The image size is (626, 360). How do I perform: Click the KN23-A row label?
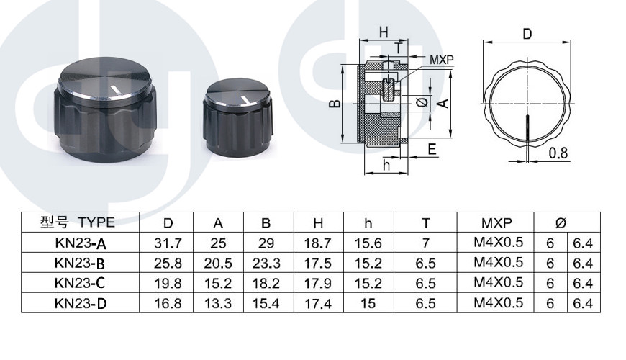coord(81,243)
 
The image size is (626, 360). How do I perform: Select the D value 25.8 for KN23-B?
coord(168,264)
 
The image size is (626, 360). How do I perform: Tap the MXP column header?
coord(496,222)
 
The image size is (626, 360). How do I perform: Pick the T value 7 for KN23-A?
coord(425,243)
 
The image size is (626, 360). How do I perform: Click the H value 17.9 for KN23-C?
coord(318,283)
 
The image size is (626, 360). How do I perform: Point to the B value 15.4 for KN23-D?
coord(266,304)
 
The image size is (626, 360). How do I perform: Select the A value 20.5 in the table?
coord(218,264)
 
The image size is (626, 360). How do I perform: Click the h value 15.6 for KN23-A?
coord(368,243)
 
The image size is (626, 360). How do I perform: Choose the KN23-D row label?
coord(81,304)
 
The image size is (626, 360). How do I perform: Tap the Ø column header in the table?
coord(561,222)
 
